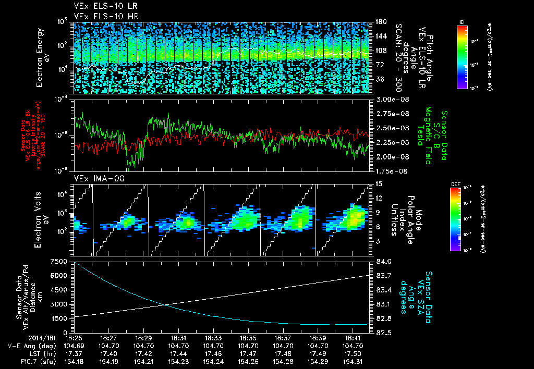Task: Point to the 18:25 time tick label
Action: [74, 337]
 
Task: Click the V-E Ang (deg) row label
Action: [29, 346]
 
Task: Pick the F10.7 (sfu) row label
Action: [33, 361]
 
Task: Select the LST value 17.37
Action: [74, 353]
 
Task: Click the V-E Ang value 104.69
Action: [74, 346]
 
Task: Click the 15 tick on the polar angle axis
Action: [378, 183]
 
